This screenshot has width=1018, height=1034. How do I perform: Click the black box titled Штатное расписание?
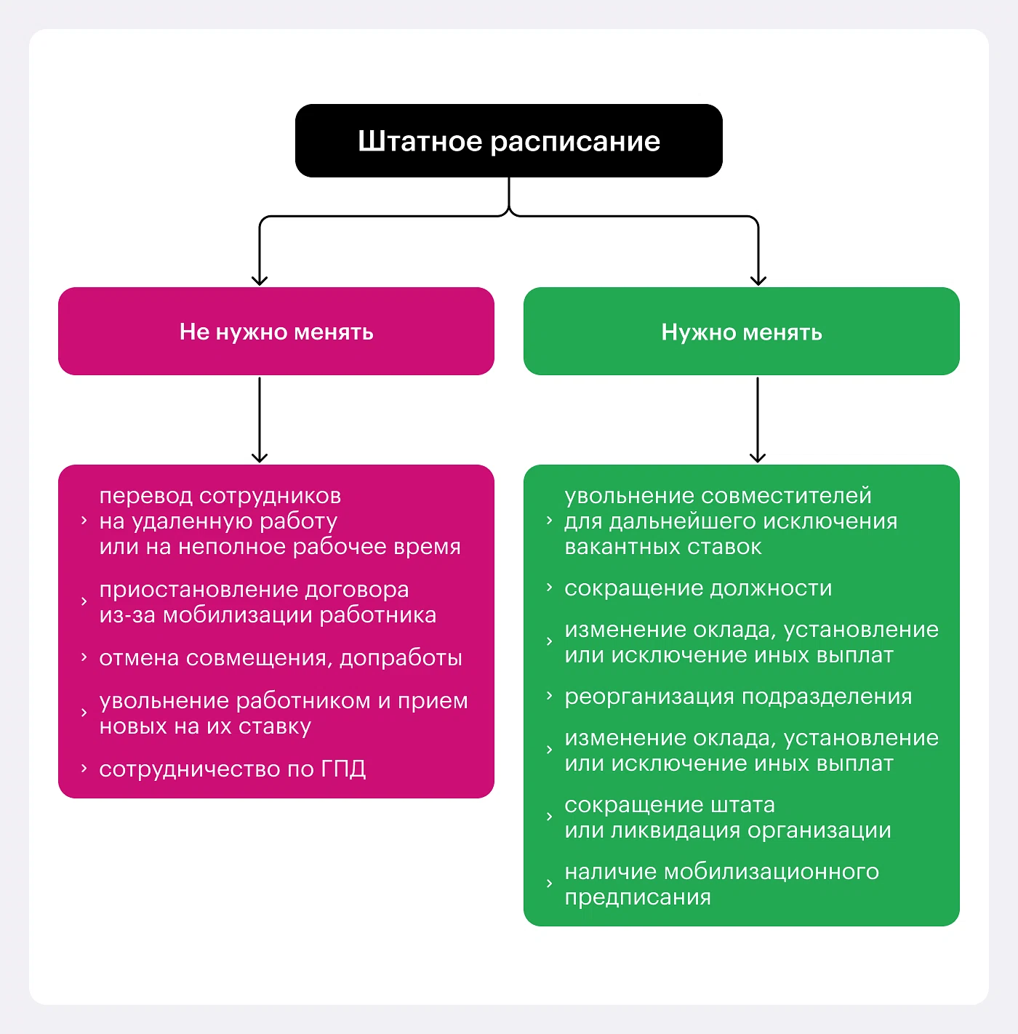click(x=508, y=140)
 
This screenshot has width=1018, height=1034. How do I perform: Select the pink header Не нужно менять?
click(x=276, y=332)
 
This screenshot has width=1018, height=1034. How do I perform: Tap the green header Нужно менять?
click(x=742, y=332)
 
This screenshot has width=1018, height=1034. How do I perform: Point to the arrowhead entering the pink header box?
click(x=260, y=280)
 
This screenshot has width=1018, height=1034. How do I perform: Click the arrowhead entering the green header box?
click(x=758, y=280)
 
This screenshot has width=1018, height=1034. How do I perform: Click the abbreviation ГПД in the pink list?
click(x=343, y=769)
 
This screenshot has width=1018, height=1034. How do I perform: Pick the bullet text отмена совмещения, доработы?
click(x=281, y=658)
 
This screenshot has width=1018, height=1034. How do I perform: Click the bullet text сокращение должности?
click(x=698, y=588)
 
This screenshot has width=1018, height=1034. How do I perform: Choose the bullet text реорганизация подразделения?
click(x=738, y=697)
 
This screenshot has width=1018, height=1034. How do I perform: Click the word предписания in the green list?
click(x=638, y=897)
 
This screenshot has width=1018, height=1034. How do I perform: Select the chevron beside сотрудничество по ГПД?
click(x=84, y=768)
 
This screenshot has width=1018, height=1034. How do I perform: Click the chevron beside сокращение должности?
click(x=550, y=587)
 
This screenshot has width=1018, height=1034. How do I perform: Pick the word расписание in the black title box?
click(x=574, y=141)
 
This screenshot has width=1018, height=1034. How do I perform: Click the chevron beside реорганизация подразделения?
click(x=550, y=696)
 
